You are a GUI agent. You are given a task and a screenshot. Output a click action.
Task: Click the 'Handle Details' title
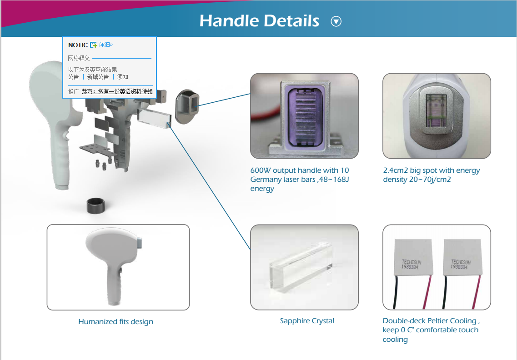[259, 21]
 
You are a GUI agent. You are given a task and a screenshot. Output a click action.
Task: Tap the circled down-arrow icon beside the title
[336, 21]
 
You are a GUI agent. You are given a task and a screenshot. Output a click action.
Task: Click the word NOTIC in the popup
[78, 45]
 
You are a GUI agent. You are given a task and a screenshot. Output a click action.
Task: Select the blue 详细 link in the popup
[105, 45]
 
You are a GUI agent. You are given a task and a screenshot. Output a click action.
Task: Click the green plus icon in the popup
[94, 45]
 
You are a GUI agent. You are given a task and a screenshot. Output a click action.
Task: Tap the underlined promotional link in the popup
[117, 91]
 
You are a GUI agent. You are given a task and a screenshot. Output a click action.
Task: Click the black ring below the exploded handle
[96, 206]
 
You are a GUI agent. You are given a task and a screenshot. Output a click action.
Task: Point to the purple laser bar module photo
[304, 116]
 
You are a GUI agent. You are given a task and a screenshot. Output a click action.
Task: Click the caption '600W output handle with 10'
[299, 170]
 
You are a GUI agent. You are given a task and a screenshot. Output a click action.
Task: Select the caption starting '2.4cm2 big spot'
[431, 175]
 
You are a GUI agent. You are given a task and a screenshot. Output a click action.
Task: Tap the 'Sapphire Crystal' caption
[307, 321]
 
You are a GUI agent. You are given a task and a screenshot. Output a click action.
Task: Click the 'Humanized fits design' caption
[116, 321]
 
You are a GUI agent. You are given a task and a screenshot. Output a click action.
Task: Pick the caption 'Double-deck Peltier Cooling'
[431, 321]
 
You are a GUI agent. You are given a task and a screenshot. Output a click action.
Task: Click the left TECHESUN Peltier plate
[412, 257]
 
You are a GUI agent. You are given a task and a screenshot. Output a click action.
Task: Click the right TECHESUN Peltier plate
[462, 257]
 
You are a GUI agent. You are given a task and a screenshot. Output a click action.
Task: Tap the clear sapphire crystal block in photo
[301, 266]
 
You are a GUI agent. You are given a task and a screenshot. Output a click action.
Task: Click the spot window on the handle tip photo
[436, 111]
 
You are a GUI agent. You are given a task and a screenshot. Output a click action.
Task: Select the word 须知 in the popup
[123, 77]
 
